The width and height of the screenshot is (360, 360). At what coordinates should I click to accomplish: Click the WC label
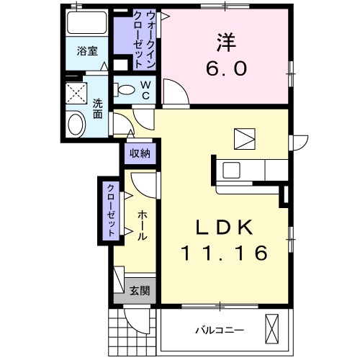(144, 91)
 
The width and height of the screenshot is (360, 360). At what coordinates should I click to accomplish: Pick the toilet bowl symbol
(126, 91)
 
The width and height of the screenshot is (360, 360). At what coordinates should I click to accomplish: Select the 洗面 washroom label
(97, 109)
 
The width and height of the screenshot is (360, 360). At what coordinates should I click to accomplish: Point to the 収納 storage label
(140, 153)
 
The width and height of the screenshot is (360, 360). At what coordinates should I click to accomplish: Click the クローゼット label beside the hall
(112, 211)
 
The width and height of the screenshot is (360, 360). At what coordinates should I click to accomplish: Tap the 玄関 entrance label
(140, 291)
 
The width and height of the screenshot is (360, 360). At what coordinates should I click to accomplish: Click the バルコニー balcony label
(220, 330)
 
